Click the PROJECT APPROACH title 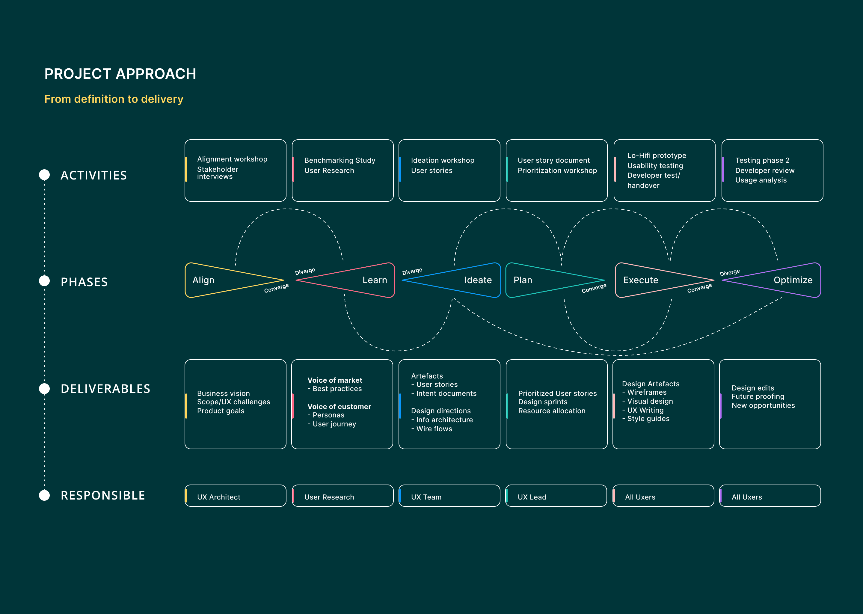[120, 74]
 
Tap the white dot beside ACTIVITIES [45, 175]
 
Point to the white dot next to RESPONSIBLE [45, 495]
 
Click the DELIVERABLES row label [105, 389]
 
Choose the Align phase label [203, 280]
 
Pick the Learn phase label [375, 280]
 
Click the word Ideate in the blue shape [478, 280]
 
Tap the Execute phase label [641, 280]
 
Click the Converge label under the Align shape [276, 288]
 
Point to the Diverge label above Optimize [730, 273]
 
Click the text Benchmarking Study [340, 160]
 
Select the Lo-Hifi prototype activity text [657, 156]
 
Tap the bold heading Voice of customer [339, 406]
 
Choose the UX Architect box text [218, 497]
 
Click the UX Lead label [532, 497]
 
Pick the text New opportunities [763, 405]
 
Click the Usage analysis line [761, 180]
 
